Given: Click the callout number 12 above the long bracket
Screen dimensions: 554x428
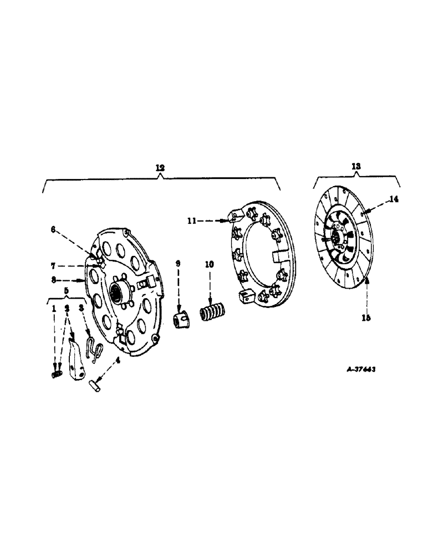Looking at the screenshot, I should [160, 167].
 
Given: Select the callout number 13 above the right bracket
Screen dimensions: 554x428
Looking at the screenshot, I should [355, 166].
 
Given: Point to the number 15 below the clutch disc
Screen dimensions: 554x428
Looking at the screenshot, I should [367, 318].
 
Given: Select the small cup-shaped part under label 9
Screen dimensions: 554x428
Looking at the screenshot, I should [180, 320].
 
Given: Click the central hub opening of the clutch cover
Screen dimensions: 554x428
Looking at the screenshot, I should [118, 291].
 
